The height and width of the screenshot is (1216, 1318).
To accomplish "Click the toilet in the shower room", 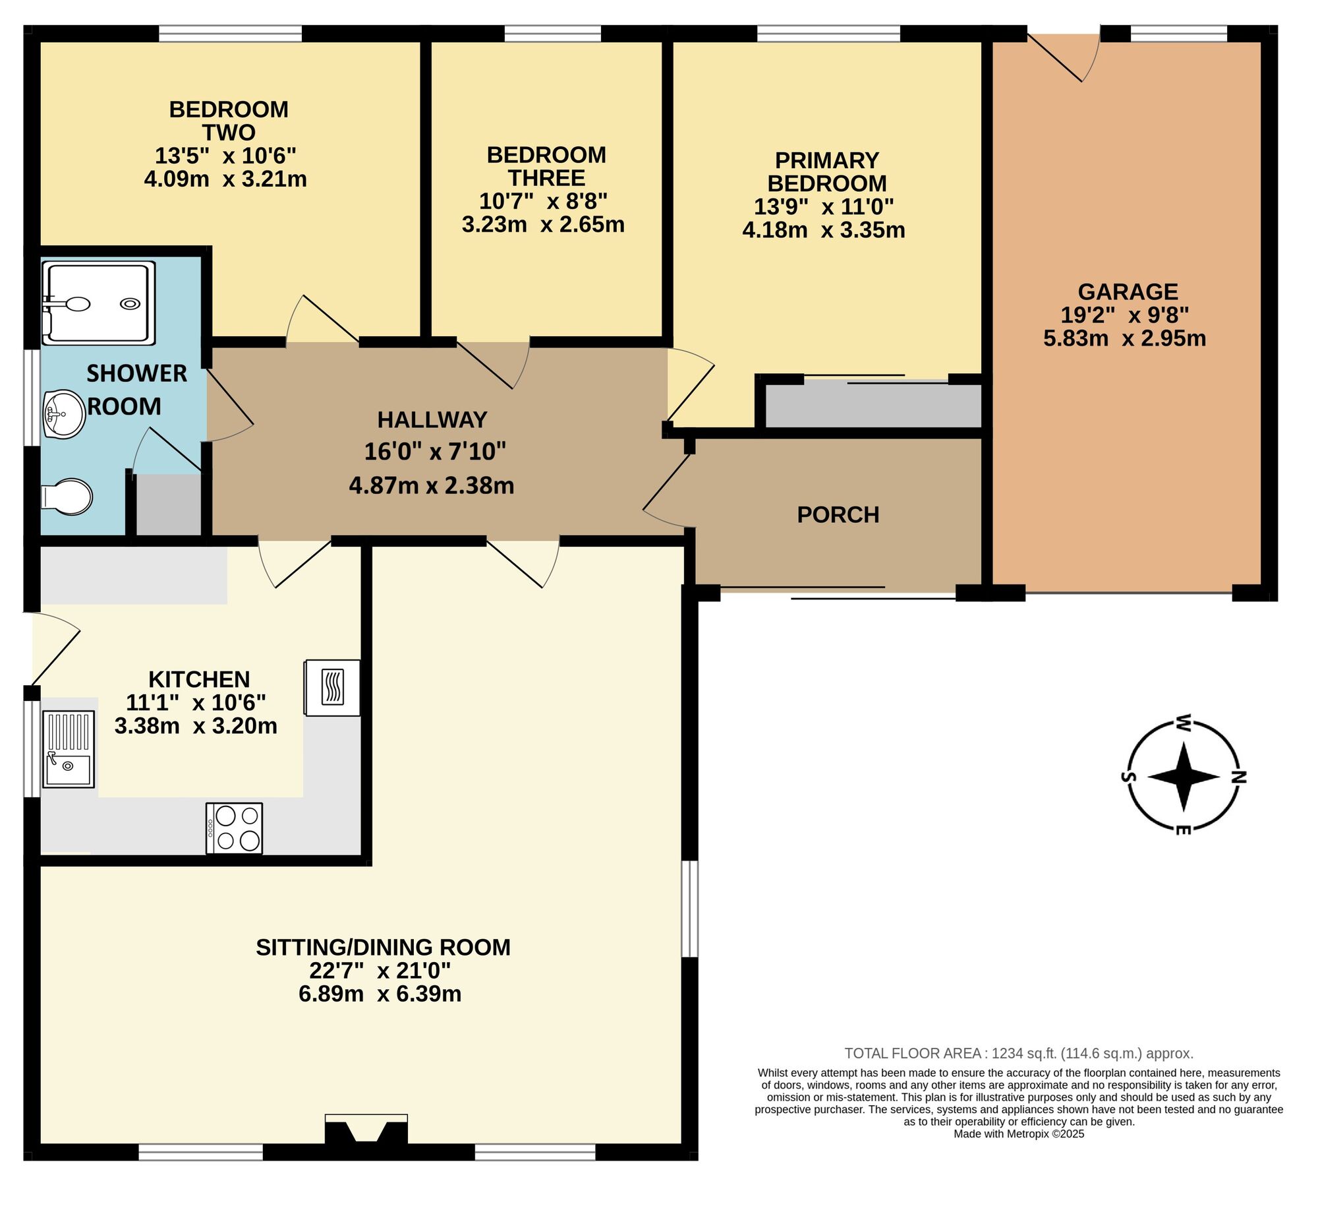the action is pos(67,497).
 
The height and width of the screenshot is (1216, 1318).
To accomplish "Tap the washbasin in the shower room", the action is pos(65,413).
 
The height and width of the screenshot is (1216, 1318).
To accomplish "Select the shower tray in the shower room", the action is pos(98,303).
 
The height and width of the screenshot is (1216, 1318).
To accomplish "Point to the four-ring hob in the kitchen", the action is pos(234,828).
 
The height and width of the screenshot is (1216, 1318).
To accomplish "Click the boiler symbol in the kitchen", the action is pos(332,688).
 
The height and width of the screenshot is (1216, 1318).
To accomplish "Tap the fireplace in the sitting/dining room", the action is pos(366,1130).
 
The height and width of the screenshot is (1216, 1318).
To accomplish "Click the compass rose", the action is pos(1184,776).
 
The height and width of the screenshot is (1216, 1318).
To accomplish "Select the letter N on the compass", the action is pos(1239,777).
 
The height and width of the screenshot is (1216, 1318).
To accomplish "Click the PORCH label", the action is pos(838,515).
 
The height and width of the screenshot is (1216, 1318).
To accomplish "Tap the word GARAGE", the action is pos(1128,291).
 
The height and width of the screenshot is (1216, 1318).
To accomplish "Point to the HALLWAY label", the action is pos(432,419).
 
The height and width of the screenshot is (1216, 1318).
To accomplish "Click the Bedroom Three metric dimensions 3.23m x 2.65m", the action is pos(543,225).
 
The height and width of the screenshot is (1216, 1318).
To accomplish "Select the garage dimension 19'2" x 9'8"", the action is pos(1125,315).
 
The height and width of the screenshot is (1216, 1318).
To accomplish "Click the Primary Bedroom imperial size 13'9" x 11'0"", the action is pos(824,207).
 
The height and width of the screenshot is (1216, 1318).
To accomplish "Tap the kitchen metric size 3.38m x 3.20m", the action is pos(196,726).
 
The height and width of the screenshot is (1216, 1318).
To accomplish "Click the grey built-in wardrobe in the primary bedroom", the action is pos(873,406).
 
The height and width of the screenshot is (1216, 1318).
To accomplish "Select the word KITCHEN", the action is pos(199,679).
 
